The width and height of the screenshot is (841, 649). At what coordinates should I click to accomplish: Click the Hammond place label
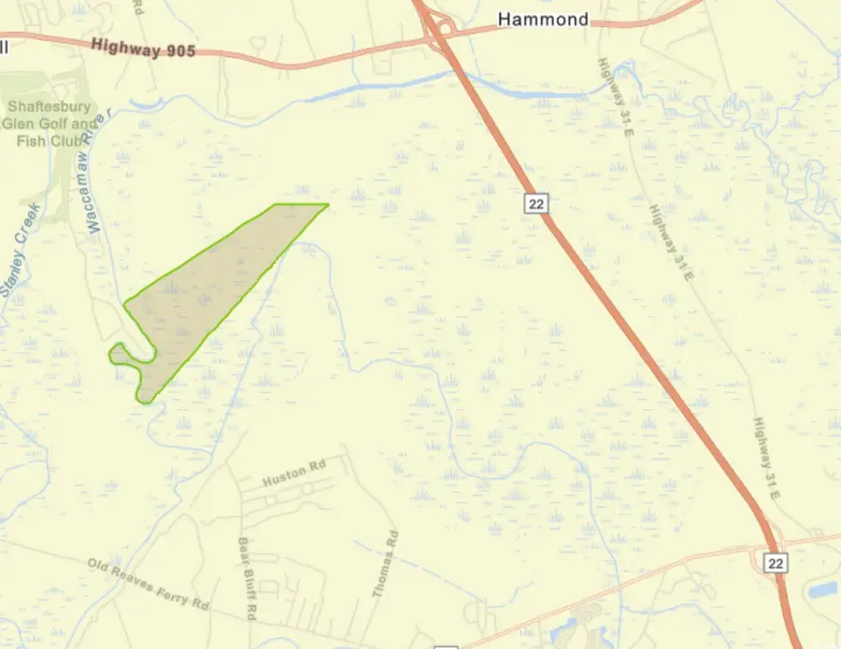(x=543, y=19)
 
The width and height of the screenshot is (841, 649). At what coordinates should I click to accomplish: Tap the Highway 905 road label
(x=144, y=49)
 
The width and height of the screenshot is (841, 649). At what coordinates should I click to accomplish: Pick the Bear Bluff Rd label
(x=246, y=579)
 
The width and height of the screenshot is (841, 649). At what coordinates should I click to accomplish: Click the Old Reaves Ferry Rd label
(x=148, y=584)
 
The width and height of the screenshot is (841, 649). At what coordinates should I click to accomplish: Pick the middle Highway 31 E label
(x=673, y=245)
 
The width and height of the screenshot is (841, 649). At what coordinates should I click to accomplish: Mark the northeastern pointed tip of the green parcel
(x=327, y=205)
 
